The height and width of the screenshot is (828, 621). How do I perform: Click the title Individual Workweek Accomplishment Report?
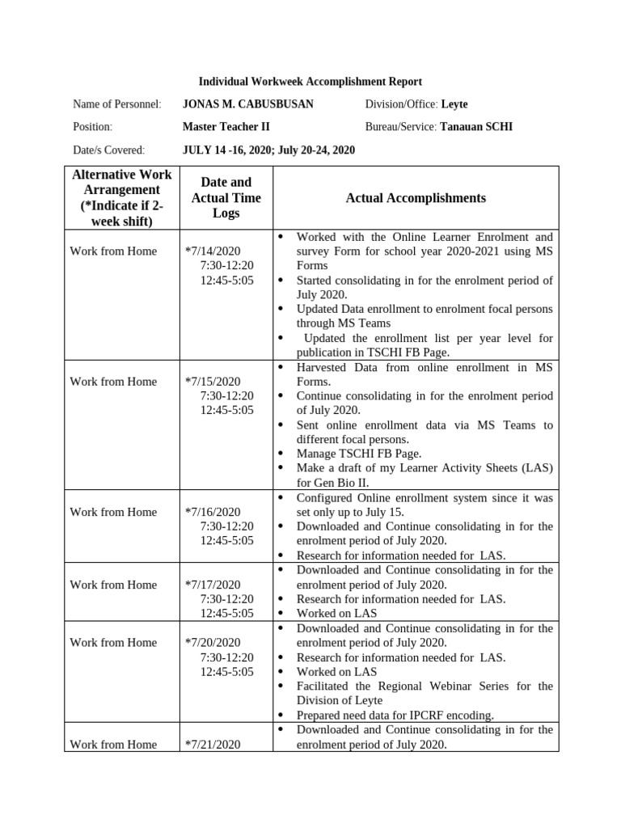tap(310, 82)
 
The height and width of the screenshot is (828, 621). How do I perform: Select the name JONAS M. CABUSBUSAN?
tap(247, 104)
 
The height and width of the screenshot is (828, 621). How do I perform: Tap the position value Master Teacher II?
tap(226, 127)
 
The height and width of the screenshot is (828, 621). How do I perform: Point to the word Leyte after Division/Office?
tap(454, 104)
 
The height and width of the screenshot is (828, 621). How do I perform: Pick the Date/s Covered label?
tap(108, 150)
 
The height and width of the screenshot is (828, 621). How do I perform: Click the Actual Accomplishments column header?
tap(416, 198)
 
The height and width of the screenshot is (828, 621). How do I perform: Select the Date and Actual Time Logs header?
tap(221, 198)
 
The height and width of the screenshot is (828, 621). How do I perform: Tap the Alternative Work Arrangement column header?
tap(121, 198)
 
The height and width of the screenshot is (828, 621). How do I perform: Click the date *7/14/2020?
tap(213, 251)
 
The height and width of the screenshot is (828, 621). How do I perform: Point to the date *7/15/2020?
tap(213, 382)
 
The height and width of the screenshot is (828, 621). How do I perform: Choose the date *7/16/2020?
tap(213, 512)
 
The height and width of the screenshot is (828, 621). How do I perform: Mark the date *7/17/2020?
tap(213, 585)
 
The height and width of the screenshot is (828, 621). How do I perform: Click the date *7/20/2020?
tap(213, 643)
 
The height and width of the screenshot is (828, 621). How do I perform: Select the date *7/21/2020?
tap(213, 745)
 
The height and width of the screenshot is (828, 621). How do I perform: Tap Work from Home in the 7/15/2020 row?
tap(113, 382)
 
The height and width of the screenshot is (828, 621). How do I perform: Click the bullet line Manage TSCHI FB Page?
tap(358, 454)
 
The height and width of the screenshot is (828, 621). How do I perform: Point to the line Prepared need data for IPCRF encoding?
tap(395, 715)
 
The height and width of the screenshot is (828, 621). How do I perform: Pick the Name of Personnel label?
tap(116, 104)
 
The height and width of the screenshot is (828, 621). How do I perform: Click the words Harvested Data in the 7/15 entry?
tap(332, 367)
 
